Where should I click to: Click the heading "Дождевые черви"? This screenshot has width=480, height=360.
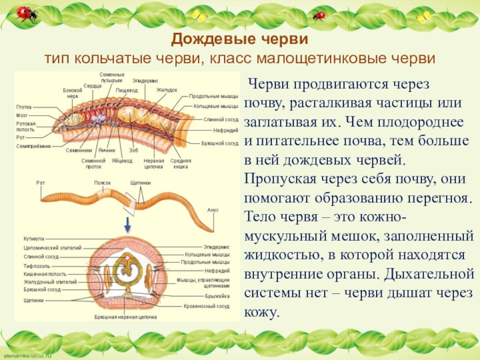tap(239, 40)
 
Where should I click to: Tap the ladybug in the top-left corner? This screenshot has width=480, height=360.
tap(25, 13)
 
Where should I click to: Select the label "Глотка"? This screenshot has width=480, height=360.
tap(23, 107)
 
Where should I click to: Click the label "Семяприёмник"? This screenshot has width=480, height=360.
tap(33, 146)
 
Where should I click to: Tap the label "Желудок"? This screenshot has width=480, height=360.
tap(167, 90)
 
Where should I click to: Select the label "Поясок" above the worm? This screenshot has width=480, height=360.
tap(103, 182)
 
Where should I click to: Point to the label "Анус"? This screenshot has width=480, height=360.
tap(212, 211)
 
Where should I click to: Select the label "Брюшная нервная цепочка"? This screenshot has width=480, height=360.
tap(125, 316)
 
